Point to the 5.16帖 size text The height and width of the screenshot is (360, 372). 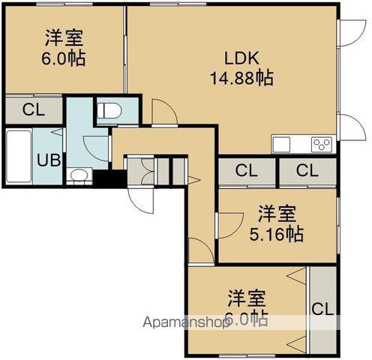pyautogui.click(x=276, y=234)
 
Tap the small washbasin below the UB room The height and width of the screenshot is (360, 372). pyautogui.click(x=78, y=175)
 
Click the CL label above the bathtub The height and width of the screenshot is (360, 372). pyautogui.click(x=33, y=109)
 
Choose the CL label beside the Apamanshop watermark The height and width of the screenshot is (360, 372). pyautogui.click(x=322, y=308)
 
